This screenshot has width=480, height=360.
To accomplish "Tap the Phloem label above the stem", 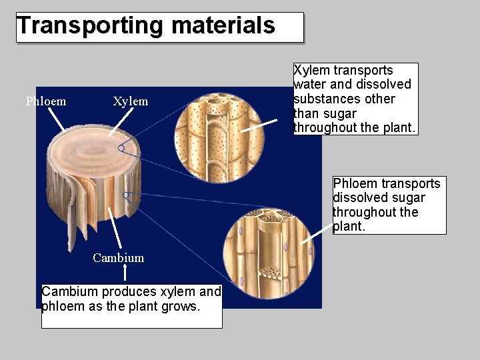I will point(46,101).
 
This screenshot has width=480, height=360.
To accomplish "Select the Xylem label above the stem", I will point(130,101).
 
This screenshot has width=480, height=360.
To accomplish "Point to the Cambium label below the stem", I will point(118,258).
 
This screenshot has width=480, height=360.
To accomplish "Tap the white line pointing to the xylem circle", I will point(259,126).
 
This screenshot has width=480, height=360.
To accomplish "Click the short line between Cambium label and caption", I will point(126,272).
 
